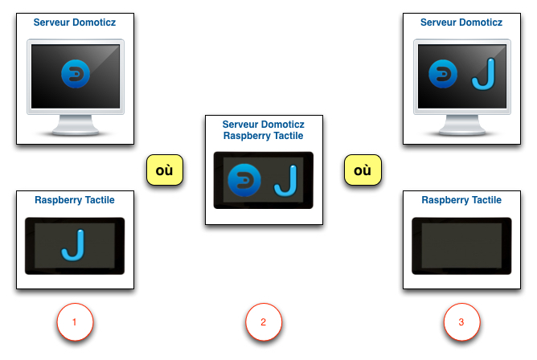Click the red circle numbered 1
75,322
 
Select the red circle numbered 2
264,322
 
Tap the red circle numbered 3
461,322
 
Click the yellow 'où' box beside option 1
165,171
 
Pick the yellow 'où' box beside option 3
363,171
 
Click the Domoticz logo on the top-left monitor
75,76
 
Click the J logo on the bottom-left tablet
75,245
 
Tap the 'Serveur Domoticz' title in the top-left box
75,22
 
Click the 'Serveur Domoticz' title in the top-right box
461,22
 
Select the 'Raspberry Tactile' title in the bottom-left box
75,200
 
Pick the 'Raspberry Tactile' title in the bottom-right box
461,200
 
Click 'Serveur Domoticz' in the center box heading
264,125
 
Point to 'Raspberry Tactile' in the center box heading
264,136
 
